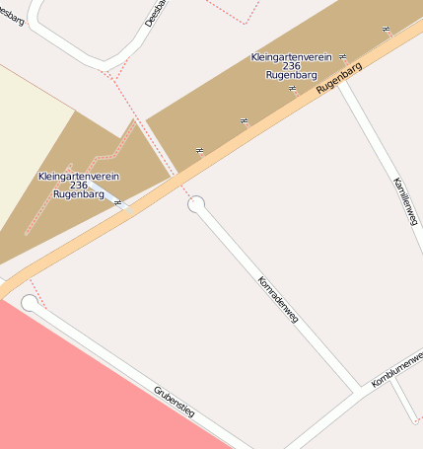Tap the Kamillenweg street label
tap(405, 201)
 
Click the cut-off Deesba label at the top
tap(154, 13)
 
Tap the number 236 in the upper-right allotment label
tap(291, 65)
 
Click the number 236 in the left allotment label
tap(79, 185)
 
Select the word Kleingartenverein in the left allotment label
tap(79, 176)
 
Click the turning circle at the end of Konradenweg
tap(196, 204)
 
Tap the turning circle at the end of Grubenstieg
tap(30, 304)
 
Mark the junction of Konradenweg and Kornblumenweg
tap(357, 389)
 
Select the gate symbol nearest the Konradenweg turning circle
tap(200, 150)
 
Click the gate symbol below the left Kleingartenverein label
tap(119, 203)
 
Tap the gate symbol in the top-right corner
tap(386, 30)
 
